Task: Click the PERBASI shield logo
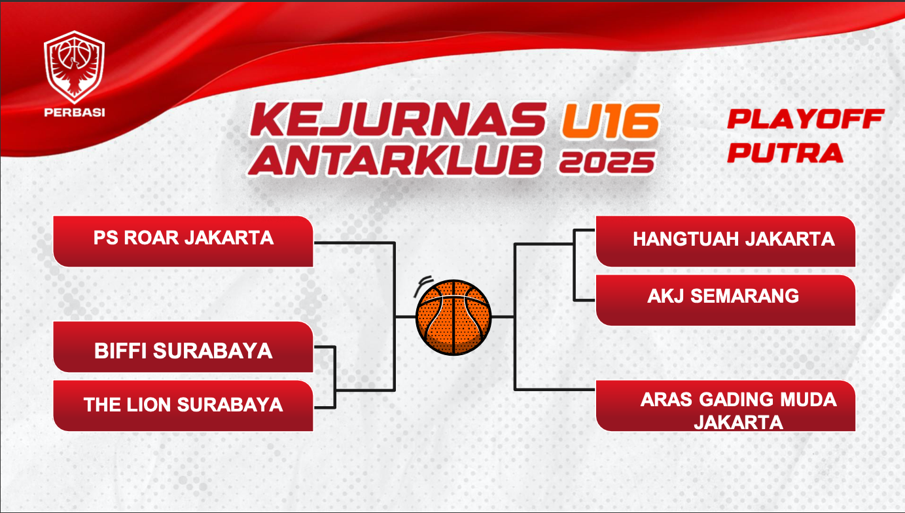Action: click(75, 67)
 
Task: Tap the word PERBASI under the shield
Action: click(75, 113)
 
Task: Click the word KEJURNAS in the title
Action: click(399, 120)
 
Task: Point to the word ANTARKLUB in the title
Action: click(395, 161)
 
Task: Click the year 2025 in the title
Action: click(607, 162)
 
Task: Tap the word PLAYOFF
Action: click(806, 119)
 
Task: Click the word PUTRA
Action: click(785, 153)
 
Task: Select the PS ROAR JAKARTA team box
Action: click(183, 241)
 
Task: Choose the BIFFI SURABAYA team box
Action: click(183, 347)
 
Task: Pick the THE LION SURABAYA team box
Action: click(183, 406)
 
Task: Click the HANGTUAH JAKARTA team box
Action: click(726, 241)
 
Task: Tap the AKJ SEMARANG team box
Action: click(726, 300)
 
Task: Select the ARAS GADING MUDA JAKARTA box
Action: click(726, 406)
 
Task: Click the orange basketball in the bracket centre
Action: click(453, 317)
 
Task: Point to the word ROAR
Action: click(151, 238)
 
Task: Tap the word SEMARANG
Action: click(745, 296)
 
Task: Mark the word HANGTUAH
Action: click(686, 239)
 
